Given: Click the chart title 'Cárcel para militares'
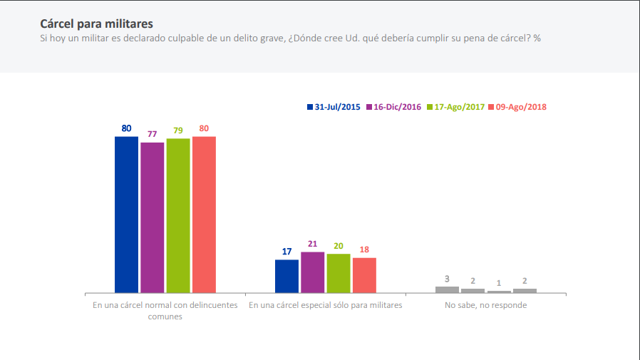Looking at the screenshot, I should pyautogui.click(x=96, y=24).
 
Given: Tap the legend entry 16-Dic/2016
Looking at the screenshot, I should pyautogui.click(x=396, y=107).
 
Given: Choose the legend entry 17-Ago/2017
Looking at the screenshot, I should pyautogui.click(x=455, y=107).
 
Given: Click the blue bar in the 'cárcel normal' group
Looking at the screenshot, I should pyautogui.click(x=126, y=214).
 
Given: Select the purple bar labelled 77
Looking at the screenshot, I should pyautogui.click(x=152, y=217).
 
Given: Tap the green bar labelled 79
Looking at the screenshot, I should pyautogui.click(x=178, y=215).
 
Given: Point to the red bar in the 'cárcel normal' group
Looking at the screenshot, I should pyautogui.click(x=204, y=214).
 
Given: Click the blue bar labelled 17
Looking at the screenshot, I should pyautogui.click(x=287, y=276).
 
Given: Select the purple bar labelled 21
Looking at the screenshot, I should pyautogui.click(x=312, y=272).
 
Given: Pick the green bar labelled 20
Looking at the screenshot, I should pyautogui.click(x=339, y=273).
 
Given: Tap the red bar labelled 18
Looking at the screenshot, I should pyautogui.click(x=364, y=274).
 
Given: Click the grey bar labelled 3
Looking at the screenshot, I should pyautogui.click(x=447, y=289).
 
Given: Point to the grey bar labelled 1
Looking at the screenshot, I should pyautogui.click(x=499, y=292).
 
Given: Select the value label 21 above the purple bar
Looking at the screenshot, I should pyautogui.click(x=312, y=244).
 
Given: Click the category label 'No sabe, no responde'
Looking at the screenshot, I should pyautogui.click(x=486, y=305).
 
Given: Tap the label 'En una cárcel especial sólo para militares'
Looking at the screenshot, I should pyautogui.click(x=326, y=305).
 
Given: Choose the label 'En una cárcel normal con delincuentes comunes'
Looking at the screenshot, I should pyautogui.click(x=165, y=311).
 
